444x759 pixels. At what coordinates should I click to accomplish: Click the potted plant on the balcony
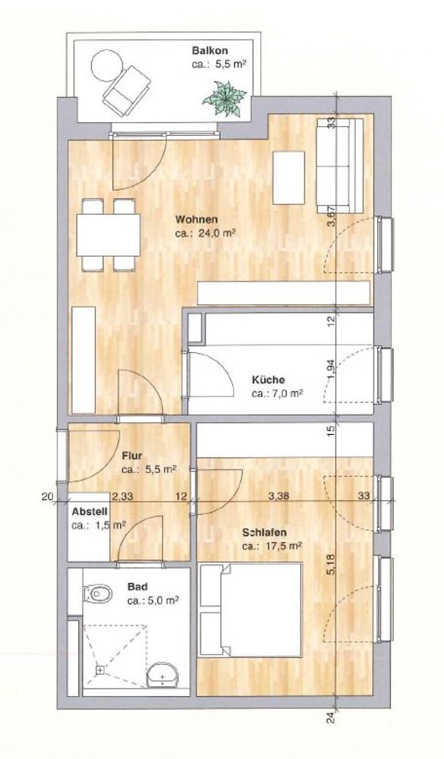click(224, 99)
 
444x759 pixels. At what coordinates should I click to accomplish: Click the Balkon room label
click(209, 50)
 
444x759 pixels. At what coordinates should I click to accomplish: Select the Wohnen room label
click(196, 219)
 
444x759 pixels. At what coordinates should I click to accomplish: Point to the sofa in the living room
click(339, 166)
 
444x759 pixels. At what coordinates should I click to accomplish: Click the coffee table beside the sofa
click(288, 178)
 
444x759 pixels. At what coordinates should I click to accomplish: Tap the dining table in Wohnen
click(109, 235)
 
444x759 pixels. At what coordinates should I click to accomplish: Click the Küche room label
click(268, 380)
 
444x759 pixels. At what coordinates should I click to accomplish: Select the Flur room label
click(132, 455)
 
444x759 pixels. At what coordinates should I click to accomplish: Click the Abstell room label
click(90, 512)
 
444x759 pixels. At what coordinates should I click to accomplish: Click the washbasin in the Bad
click(162, 675)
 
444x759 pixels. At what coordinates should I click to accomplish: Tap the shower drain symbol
click(99, 670)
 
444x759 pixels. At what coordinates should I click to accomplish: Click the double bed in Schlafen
click(250, 609)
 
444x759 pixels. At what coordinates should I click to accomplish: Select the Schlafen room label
click(264, 533)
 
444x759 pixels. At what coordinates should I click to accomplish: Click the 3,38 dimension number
click(277, 496)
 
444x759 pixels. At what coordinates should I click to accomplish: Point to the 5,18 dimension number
click(332, 564)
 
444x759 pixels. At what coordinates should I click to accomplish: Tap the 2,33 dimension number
click(121, 496)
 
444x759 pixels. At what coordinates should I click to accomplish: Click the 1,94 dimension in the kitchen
click(332, 370)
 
